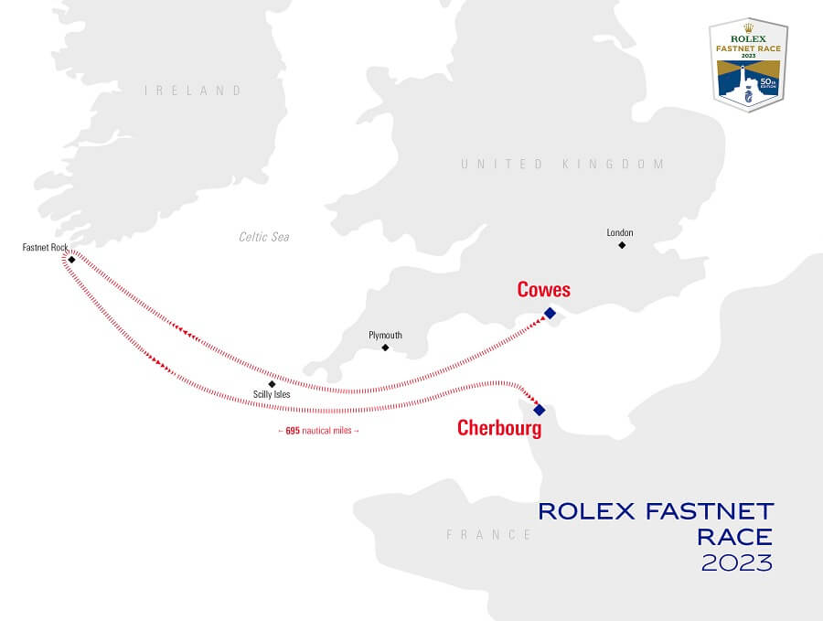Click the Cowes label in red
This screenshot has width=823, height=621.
(543, 290)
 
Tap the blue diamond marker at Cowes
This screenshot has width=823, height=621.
(550, 313)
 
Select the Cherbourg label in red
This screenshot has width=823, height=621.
(499, 427)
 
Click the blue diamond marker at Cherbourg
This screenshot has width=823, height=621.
(540, 410)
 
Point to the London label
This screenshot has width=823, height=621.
(620, 233)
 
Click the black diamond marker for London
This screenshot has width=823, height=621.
(622, 245)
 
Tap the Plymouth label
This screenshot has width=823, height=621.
(385, 336)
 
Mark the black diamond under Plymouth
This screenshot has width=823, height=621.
(385, 348)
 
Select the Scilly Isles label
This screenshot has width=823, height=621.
(271, 395)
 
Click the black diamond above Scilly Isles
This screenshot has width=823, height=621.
(272, 384)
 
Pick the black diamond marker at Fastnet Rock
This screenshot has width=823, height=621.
(71, 260)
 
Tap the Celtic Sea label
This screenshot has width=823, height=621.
(264, 237)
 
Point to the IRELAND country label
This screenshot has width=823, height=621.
(193, 91)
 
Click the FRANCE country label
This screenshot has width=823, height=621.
(489, 534)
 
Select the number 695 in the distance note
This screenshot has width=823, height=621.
(293, 430)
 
